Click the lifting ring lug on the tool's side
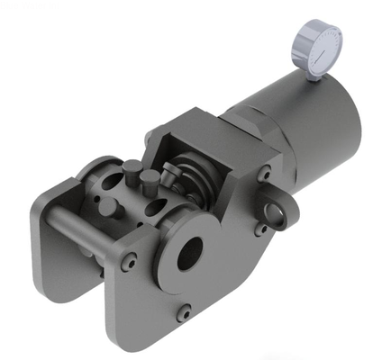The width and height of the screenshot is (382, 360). (277, 211)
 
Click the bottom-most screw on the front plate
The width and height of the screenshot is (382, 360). (184, 312)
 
